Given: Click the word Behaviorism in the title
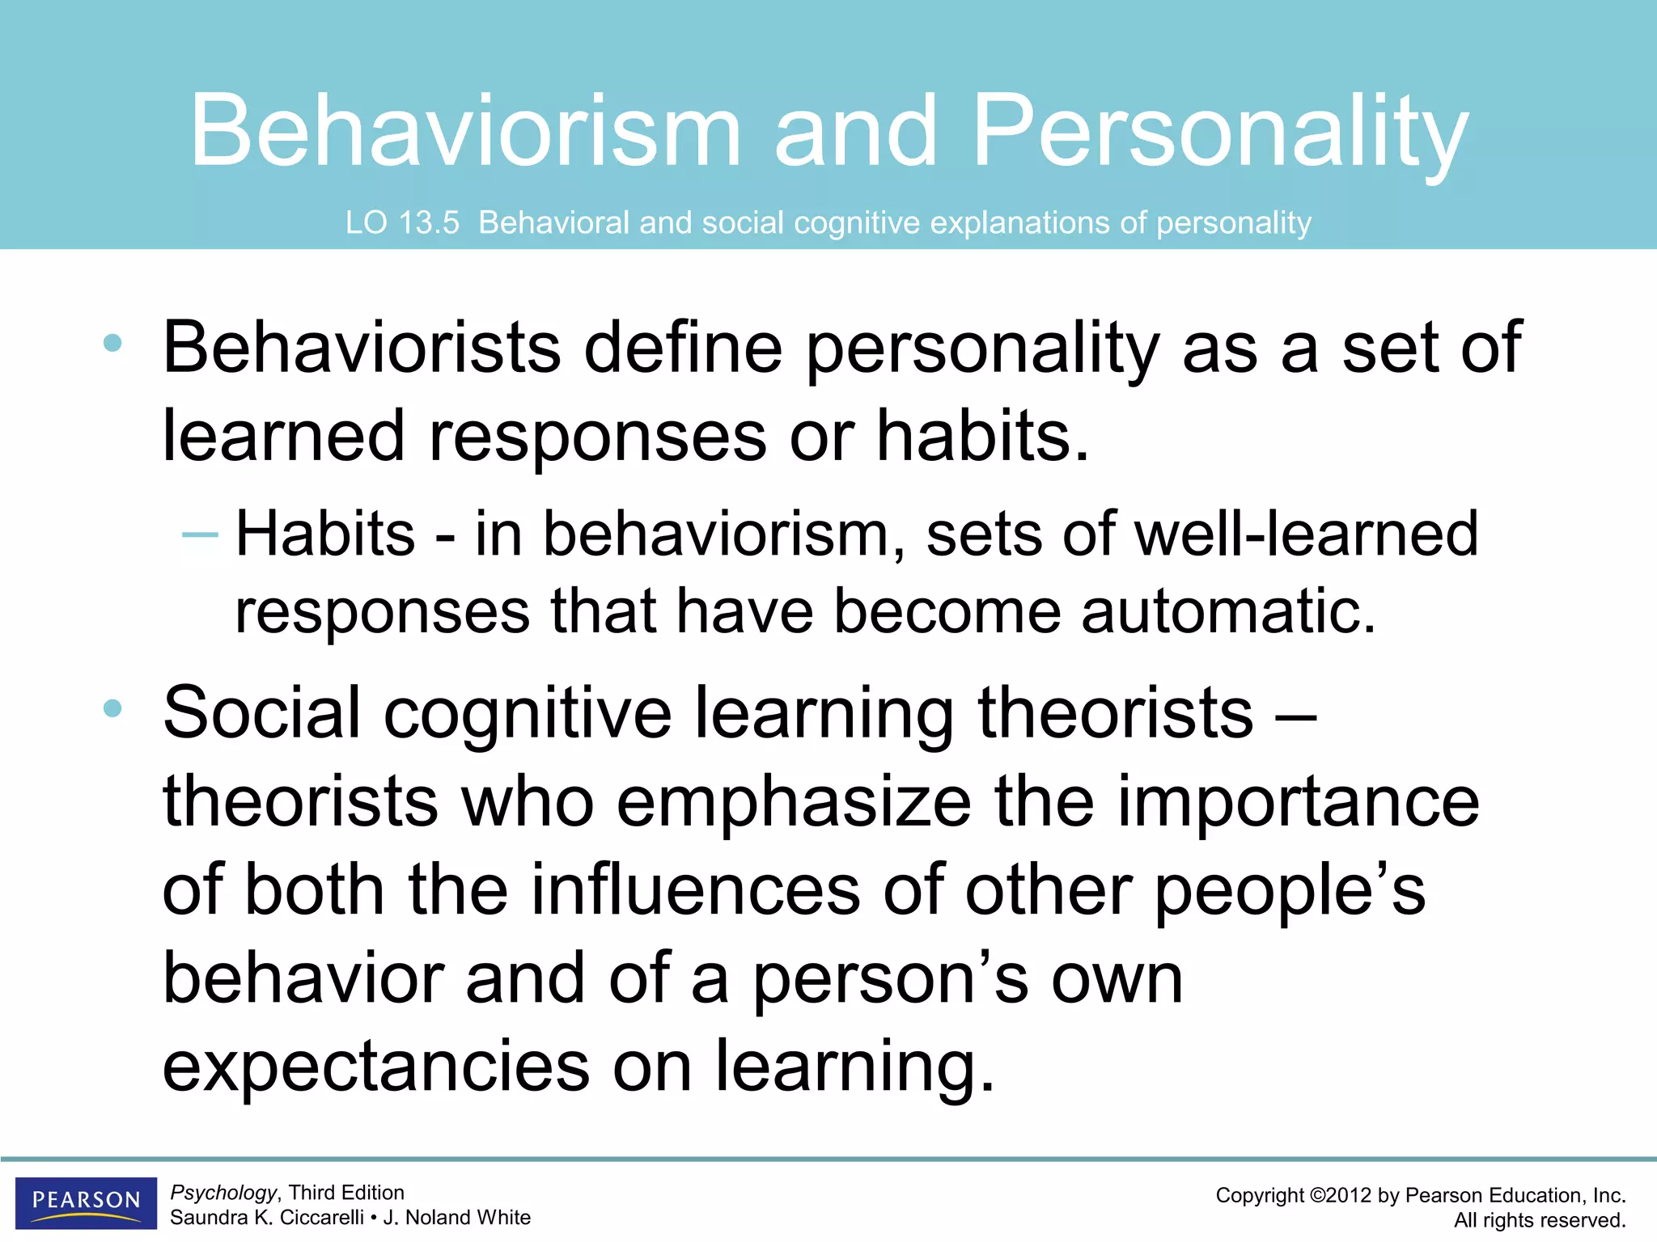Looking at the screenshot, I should pyautogui.click(x=465, y=131).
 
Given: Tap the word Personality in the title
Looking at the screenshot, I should pyautogui.click(x=1219, y=131).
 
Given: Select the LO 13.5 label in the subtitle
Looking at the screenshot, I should pyautogui.click(x=402, y=222).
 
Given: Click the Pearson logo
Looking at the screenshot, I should pyautogui.click(x=86, y=1202).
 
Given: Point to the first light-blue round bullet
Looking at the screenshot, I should pyautogui.click(x=112, y=344).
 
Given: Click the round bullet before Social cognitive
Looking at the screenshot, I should pyautogui.click(x=112, y=709).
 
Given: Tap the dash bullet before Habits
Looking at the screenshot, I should pyautogui.click(x=200, y=534).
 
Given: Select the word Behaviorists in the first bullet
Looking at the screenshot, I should pyautogui.click(x=362, y=348).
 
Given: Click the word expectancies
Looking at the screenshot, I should pyautogui.click(x=376, y=1067).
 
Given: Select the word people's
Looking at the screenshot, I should pyautogui.click(x=1289, y=890).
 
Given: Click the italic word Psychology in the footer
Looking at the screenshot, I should pyautogui.click(x=223, y=1193).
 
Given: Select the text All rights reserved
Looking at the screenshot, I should pyautogui.click(x=1539, y=1220).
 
